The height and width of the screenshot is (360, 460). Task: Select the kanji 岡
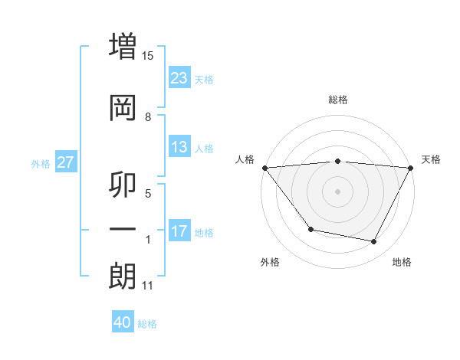[123, 107]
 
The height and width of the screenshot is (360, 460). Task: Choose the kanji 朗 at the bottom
[123, 276]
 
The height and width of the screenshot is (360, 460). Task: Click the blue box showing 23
[179, 78]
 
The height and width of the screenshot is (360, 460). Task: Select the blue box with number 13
[179, 147]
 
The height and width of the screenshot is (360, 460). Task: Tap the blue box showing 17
[179, 231]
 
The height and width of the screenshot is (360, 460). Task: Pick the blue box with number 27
[66, 162]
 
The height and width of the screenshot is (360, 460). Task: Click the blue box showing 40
[123, 322]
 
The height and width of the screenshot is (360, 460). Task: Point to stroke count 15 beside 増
[148, 56]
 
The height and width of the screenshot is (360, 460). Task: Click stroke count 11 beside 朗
[148, 286]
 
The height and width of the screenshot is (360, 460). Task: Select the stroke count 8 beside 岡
[148, 117]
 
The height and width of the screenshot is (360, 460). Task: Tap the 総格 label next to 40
[147, 324]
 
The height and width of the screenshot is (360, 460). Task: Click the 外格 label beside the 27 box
[41, 163]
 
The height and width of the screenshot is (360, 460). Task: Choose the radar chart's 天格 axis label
[432, 159]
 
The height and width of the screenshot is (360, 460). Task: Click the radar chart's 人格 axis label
[245, 159]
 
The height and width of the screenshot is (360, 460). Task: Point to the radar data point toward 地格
[374, 242]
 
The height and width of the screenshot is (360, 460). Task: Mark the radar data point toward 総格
[338, 161]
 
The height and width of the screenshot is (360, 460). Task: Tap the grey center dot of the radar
[338, 191]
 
